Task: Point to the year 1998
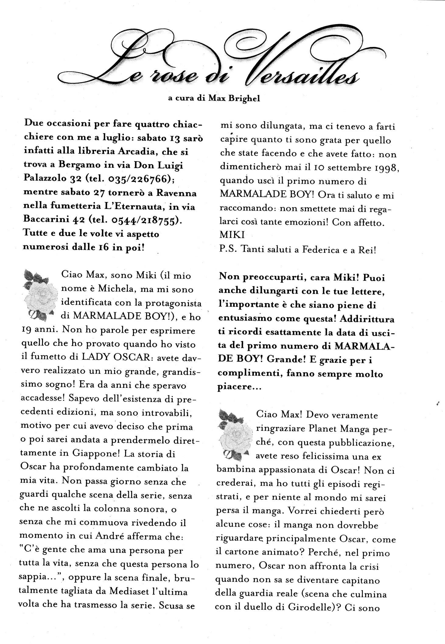[383, 168]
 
